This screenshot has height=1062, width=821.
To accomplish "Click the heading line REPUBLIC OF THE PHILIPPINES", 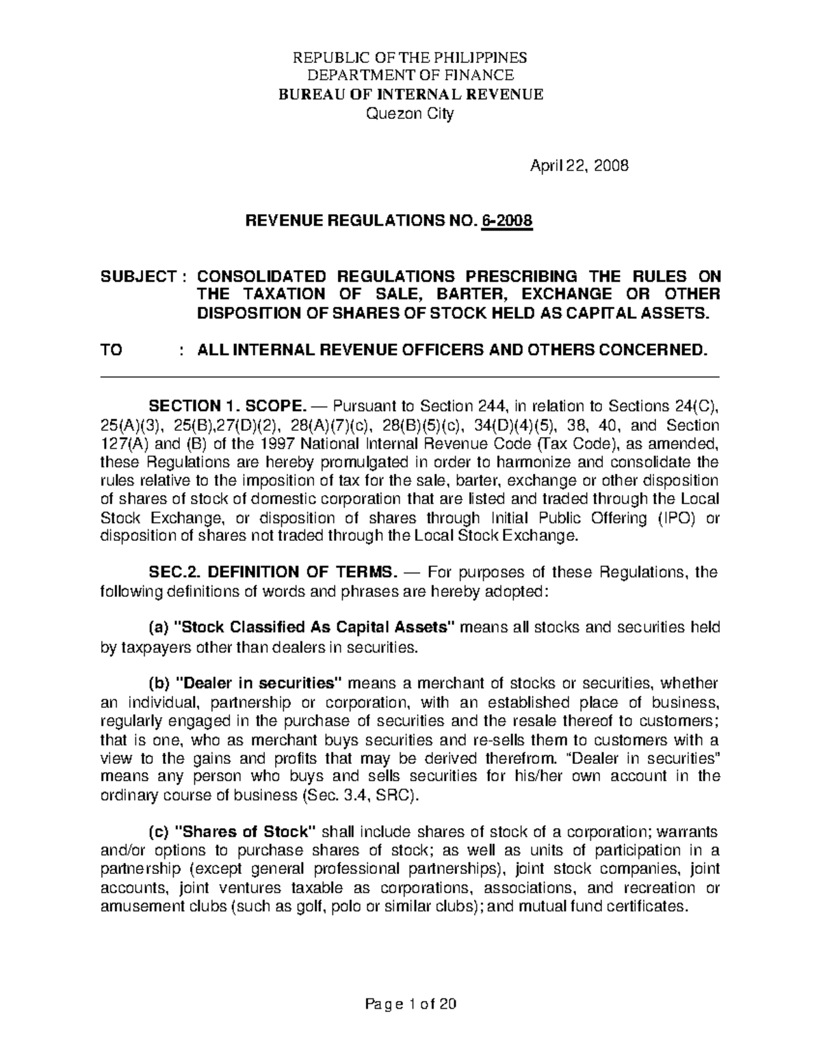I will (x=410, y=57).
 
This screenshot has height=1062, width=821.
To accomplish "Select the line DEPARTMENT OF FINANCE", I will (x=410, y=75).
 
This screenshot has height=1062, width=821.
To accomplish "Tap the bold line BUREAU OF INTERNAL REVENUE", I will (x=410, y=94).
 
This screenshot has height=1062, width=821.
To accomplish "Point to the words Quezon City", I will (x=410, y=114).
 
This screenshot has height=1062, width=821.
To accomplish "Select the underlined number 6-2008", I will (x=507, y=222).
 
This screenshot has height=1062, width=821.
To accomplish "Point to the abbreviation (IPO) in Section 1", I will (x=670, y=518).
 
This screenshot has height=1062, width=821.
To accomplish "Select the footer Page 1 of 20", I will (x=410, y=1005).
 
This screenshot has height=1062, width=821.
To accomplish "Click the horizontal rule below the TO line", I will (x=410, y=377).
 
